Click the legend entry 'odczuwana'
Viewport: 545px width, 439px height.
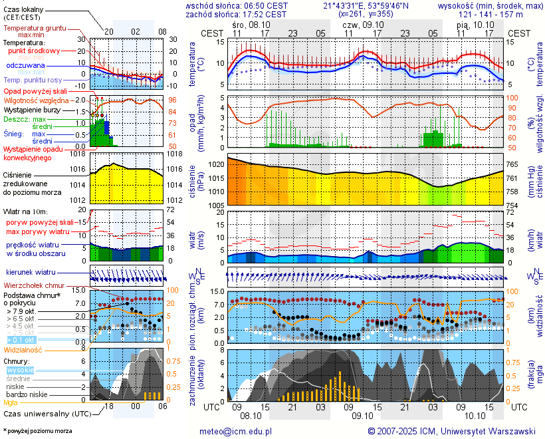(x=25, y=65)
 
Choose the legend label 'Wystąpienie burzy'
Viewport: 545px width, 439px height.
(x=31, y=109)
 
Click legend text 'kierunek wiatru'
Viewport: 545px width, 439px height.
(x=31, y=273)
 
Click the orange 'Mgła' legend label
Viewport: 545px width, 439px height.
(x=11, y=402)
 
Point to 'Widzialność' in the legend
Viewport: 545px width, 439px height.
(x=23, y=349)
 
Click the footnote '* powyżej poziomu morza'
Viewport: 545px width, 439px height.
(x=37, y=431)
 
